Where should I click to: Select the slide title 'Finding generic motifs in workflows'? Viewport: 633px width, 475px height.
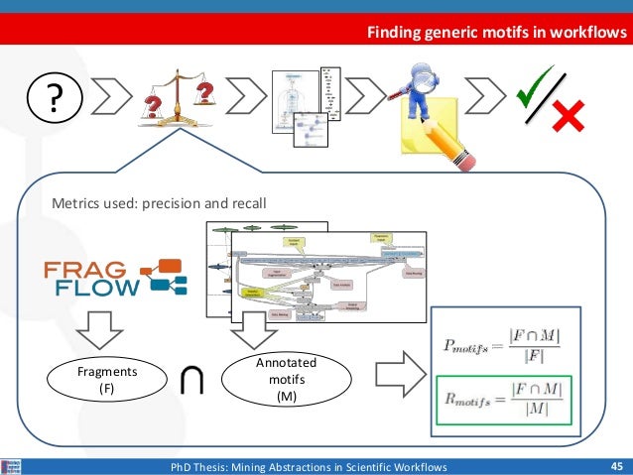[x=497, y=34]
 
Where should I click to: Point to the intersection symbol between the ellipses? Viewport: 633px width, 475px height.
[x=192, y=382]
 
